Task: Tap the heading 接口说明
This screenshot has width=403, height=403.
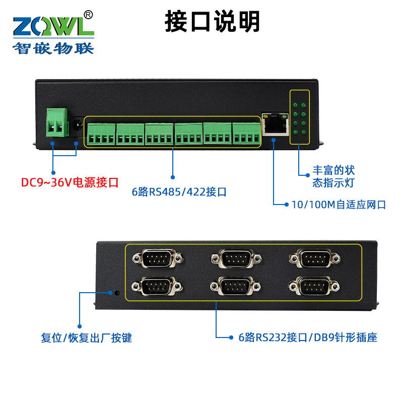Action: (213, 22)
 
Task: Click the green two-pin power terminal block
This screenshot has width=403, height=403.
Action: (57, 122)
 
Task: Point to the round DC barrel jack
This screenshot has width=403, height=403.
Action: (77, 124)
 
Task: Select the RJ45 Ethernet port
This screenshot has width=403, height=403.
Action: (275, 124)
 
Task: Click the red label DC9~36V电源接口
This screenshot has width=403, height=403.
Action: (70, 182)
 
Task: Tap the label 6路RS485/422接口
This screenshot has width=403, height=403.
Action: (179, 192)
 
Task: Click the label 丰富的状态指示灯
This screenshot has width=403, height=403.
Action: (333, 176)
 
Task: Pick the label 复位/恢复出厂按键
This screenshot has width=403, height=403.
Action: (86, 338)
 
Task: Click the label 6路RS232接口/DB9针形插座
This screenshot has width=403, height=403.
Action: (307, 338)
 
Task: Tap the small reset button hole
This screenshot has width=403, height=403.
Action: (117, 292)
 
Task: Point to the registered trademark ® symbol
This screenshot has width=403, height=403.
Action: (88, 15)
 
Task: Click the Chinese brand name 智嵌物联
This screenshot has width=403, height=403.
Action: (53, 48)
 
